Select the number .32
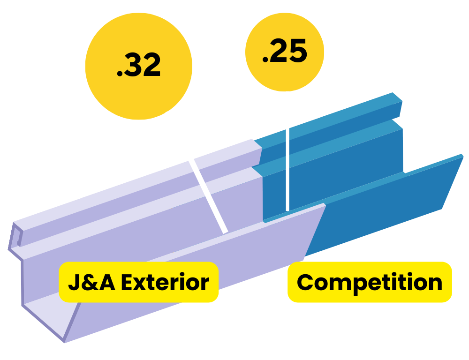click(x=139, y=66)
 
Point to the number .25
click(x=285, y=52)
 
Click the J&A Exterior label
click(x=139, y=282)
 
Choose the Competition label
click(x=370, y=282)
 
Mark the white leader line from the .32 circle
click(x=197, y=171)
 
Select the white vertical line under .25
click(x=287, y=150)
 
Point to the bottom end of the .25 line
click(x=287, y=209)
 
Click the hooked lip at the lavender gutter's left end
click(x=16, y=237)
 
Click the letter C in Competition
click(x=305, y=283)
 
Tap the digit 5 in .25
click(x=298, y=52)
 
